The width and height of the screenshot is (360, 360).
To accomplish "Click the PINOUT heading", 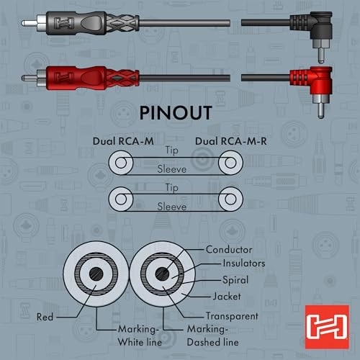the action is [176, 113].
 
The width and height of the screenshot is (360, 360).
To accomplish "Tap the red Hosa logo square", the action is [327, 327].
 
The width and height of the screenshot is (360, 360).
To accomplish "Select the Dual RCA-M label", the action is [123, 141].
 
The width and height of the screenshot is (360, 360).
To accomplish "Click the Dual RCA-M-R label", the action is [231, 141].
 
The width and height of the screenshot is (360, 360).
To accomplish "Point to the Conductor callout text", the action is [229, 250].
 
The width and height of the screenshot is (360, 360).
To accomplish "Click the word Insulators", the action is [244, 264].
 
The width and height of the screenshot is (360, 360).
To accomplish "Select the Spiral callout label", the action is [235, 280].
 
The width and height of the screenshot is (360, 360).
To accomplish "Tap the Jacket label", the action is [227, 297].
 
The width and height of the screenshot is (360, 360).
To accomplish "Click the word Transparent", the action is [232, 316].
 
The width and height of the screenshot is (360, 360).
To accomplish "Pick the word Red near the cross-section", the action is [45, 317].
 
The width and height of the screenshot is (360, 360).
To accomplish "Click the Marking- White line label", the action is [140, 336].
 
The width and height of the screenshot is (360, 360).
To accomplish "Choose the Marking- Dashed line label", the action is [212, 336].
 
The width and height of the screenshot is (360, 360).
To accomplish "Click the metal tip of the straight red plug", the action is [30, 78].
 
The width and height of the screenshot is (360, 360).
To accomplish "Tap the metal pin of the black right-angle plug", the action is [321, 55].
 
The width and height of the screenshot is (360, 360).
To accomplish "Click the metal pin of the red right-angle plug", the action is [321, 110].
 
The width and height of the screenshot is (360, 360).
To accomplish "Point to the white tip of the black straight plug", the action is [30, 23].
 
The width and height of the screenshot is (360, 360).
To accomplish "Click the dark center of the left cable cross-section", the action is [96, 274].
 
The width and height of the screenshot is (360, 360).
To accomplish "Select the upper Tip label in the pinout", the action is [172, 150].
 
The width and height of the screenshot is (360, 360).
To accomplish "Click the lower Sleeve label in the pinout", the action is [172, 207].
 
